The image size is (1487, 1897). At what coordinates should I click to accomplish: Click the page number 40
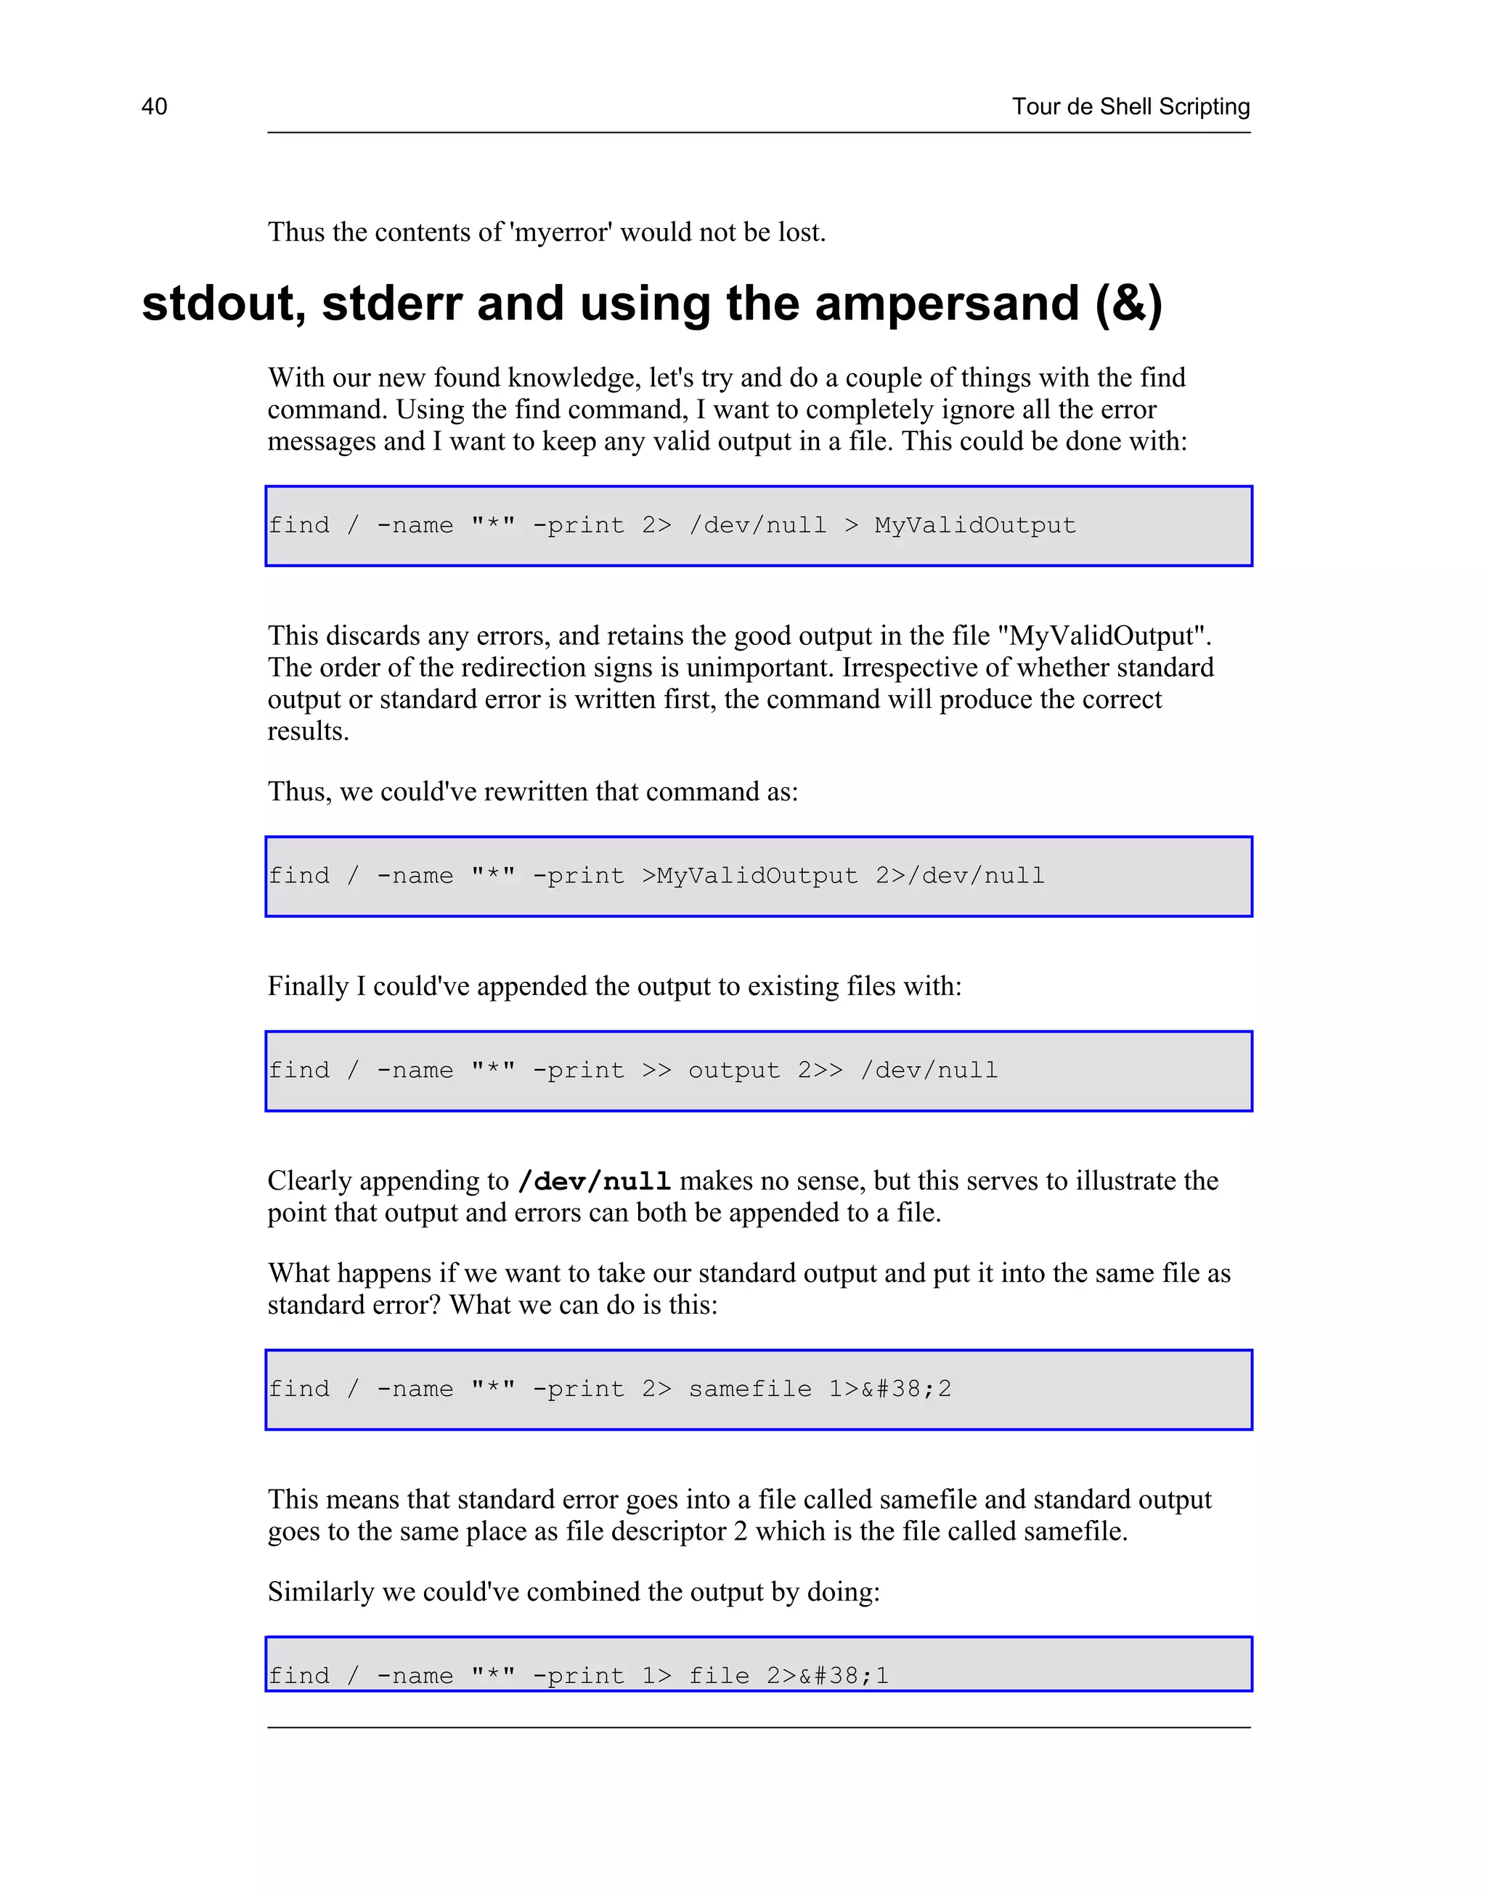154,106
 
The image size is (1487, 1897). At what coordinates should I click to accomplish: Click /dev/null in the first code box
757,526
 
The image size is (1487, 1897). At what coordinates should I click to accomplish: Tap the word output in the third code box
734,1071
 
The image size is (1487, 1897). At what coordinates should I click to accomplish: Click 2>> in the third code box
820,1071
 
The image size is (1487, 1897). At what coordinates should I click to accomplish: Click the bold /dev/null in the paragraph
594,1182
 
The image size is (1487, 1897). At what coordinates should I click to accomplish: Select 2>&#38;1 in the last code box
827,1677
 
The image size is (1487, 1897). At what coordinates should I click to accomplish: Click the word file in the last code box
719,1677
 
